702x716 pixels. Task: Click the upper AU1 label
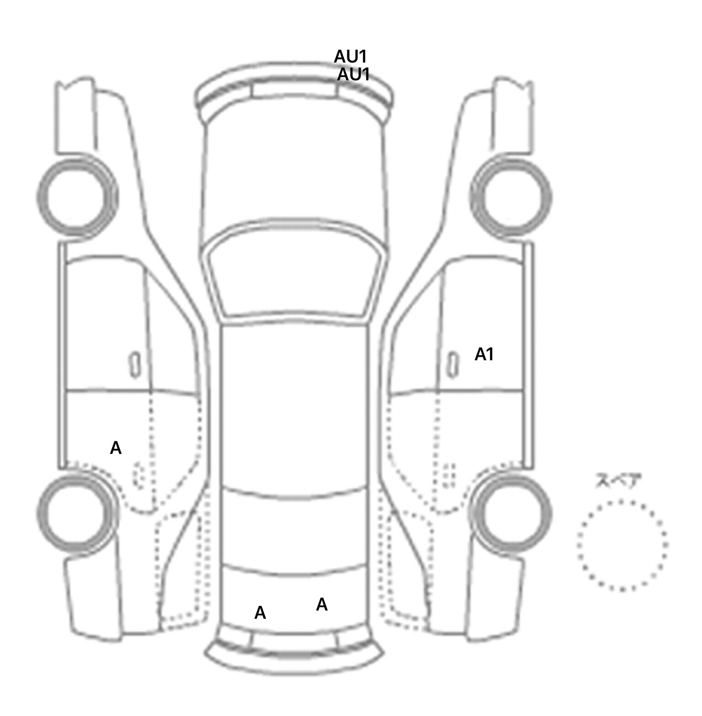coord(351,57)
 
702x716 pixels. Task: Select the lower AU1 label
coord(353,74)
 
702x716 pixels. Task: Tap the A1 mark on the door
coord(484,354)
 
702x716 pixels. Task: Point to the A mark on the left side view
coord(116,448)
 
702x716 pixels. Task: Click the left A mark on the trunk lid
coord(260,613)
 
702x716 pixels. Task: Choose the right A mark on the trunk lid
coord(322,605)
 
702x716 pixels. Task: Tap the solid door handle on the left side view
coord(134,365)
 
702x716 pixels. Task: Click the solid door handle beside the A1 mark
coord(452,365)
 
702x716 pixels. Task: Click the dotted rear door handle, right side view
coord(450,475)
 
